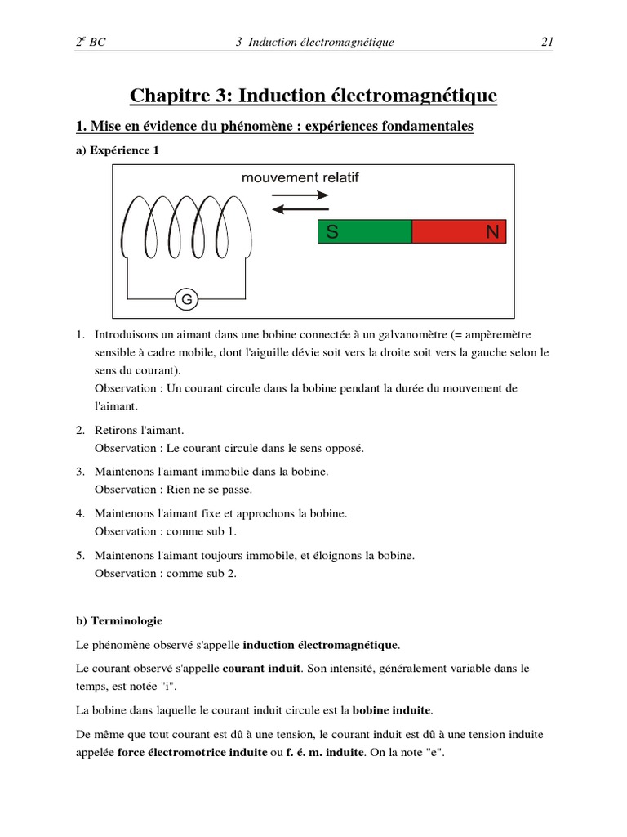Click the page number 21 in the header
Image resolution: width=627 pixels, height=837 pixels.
tap(547, 42)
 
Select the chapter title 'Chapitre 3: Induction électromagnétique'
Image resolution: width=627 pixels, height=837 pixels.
tap(313, 96)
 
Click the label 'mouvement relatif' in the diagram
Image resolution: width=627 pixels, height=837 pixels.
tap(300, 177)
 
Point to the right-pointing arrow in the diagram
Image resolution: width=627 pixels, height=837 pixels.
tap(300, 195)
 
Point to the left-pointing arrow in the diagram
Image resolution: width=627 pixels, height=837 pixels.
tap(300, 209)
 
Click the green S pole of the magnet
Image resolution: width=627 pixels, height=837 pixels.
tap(364, 232)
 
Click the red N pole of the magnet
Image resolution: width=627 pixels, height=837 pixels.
tap(459, 232)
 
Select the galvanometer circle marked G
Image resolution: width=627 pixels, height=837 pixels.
tap(187, 300)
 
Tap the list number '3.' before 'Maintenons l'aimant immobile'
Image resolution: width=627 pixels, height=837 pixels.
tap(81, 472)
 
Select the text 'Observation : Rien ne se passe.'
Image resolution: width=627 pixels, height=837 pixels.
tap(174, 490)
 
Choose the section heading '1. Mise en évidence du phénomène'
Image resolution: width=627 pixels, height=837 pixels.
tap(274, 127)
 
